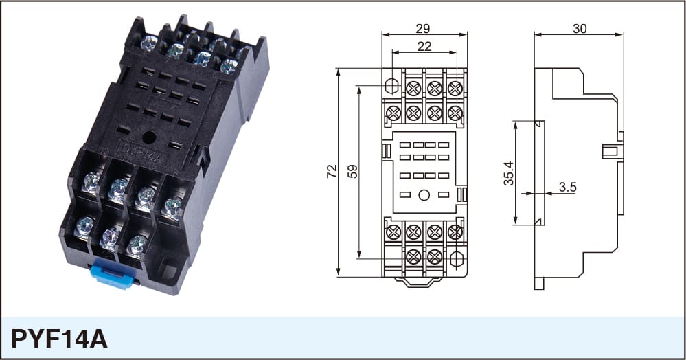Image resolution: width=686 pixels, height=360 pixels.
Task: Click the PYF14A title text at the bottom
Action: point(59,339)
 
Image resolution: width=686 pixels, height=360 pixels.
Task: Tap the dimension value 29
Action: point(422,28)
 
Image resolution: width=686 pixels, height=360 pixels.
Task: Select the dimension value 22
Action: point(424,46)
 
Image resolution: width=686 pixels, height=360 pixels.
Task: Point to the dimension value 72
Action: point(332,170)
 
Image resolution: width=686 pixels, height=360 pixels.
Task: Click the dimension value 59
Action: point(352,171)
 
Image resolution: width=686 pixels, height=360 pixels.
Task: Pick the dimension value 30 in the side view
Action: point(580,28)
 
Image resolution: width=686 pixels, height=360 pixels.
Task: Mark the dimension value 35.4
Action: point(509,173)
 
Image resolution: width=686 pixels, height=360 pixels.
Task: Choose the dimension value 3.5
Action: point(567,188)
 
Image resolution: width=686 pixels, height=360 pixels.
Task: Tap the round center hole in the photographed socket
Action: point(149,137)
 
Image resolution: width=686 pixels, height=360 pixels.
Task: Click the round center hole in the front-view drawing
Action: point(424,195)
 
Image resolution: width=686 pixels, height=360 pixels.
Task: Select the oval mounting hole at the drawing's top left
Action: point(393,86)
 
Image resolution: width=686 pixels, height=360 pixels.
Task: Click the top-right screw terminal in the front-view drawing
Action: point(455,89)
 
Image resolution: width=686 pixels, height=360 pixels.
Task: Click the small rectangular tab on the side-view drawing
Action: point(611,152)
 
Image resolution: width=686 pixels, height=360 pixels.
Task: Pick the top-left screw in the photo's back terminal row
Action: point(149,43)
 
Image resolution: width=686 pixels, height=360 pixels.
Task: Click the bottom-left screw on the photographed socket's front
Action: point(84,227)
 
